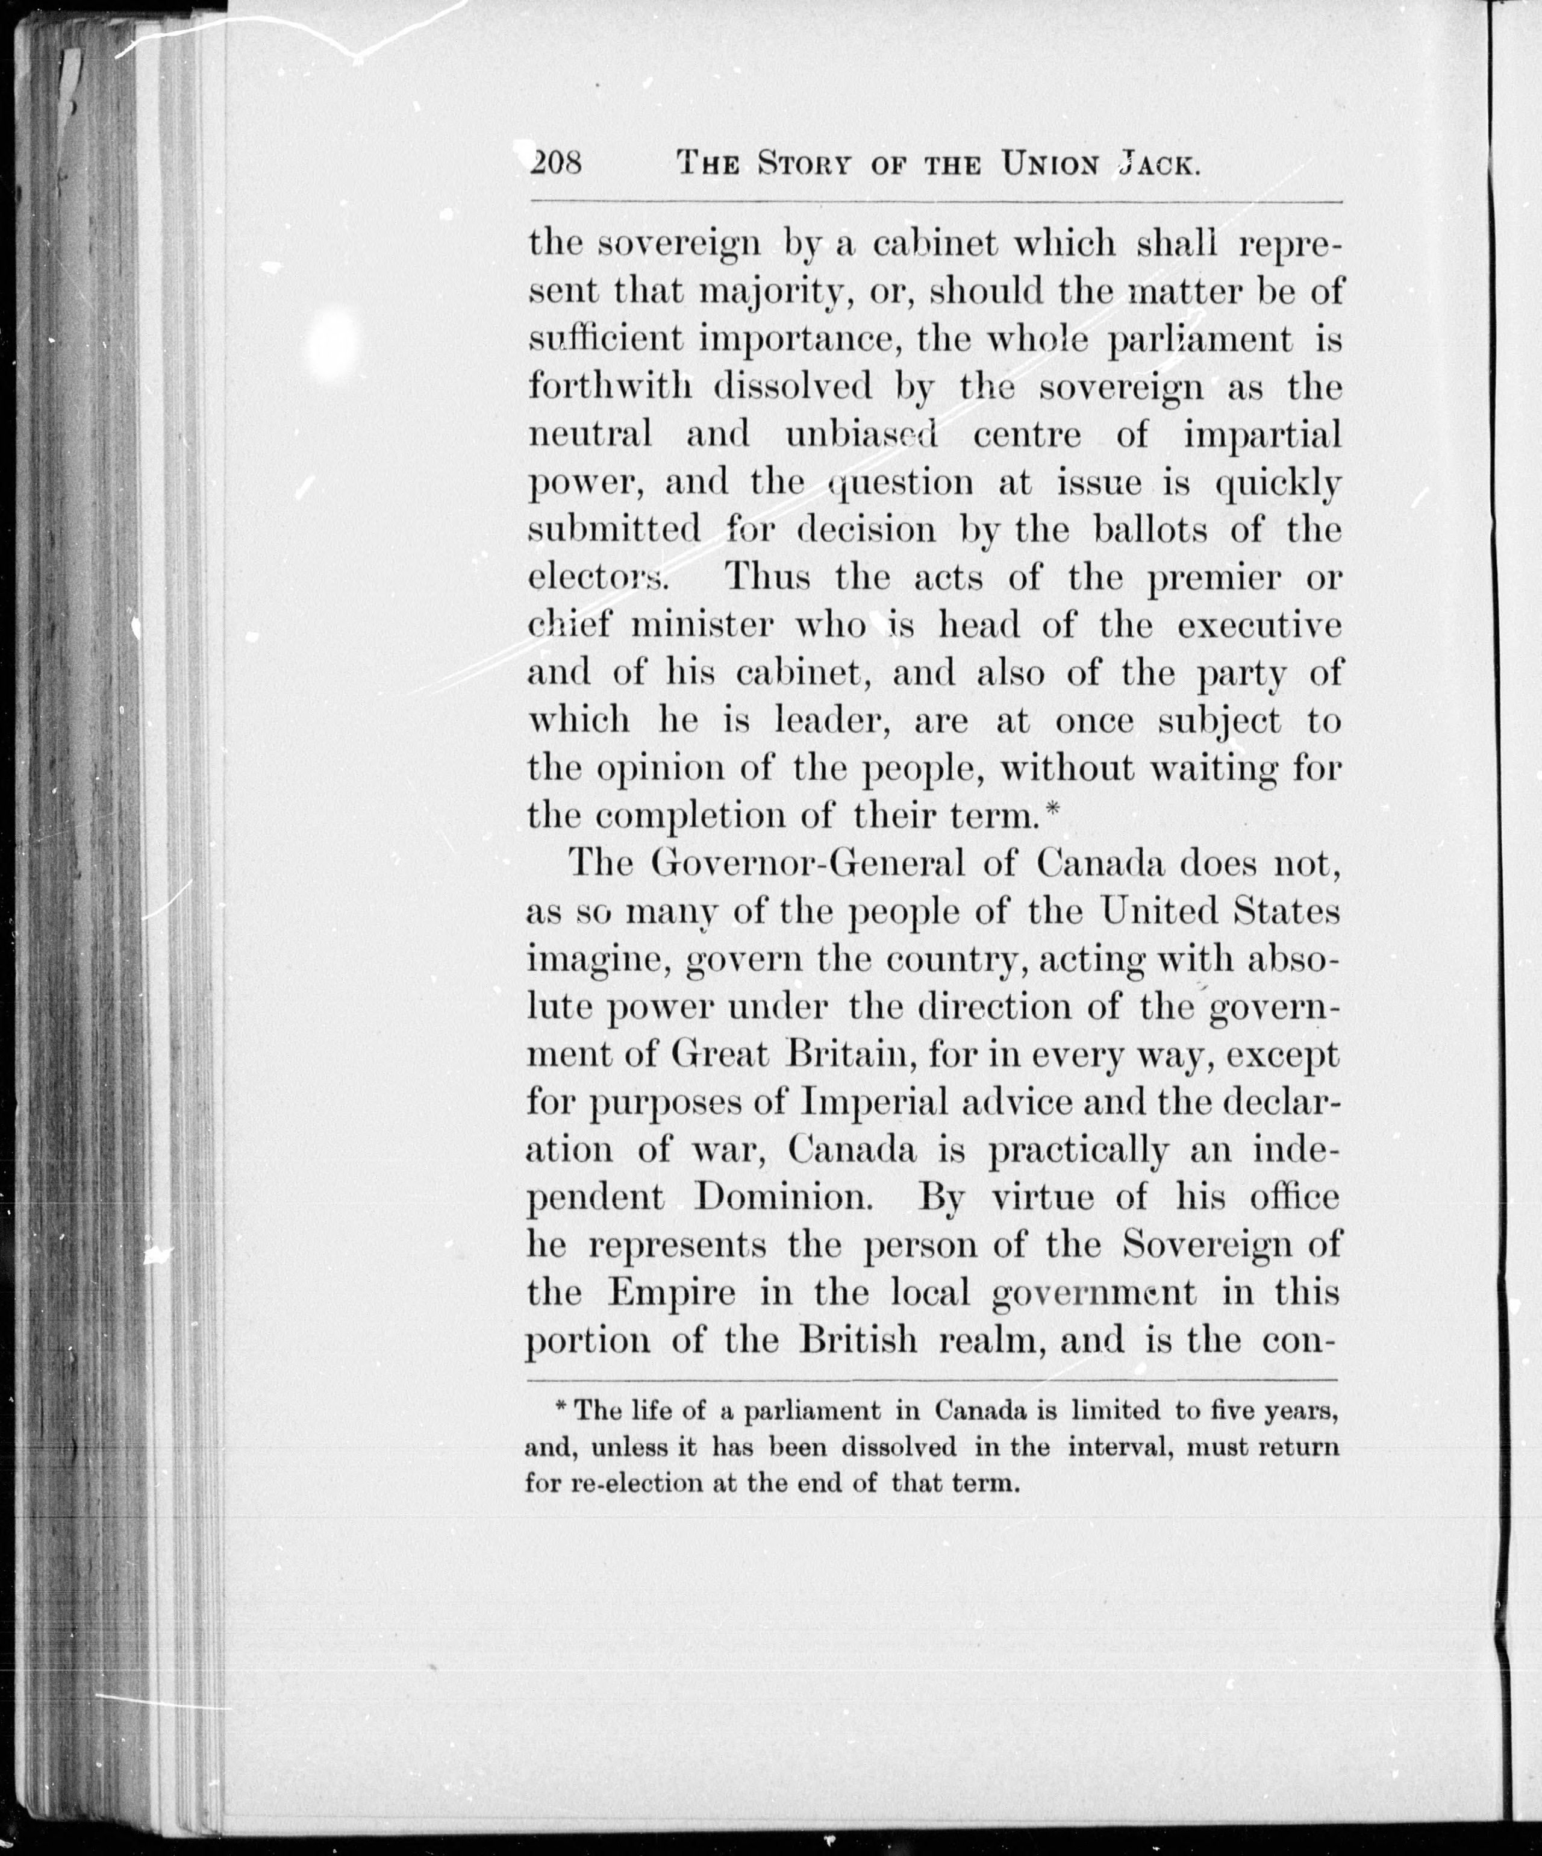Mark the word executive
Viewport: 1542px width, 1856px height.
click(1260, 625)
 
